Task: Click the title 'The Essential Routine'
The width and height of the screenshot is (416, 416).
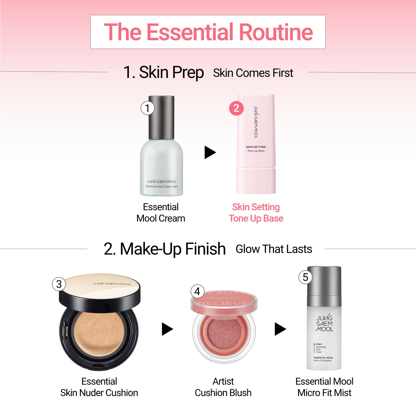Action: click(x=208, y=32)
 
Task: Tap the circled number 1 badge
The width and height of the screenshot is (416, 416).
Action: click(x=147, y=108)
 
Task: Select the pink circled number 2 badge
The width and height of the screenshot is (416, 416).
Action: click(x=236, y=108)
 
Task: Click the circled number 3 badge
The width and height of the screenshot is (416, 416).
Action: click(x=59, y=284)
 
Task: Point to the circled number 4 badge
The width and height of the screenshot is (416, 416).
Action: click(x=197, y=291)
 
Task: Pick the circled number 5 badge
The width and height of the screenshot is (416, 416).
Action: click(x=305, y=277)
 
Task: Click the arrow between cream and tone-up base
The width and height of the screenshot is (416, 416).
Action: click(x=210, y=152)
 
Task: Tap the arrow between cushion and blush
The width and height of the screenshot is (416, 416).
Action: click(x=167, y=329)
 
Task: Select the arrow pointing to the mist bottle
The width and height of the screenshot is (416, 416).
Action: click(x=280, y=329)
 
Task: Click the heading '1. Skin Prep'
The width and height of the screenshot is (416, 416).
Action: click(x=164, y=72)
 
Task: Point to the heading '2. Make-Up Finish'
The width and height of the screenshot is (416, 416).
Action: click(x=165, y=249)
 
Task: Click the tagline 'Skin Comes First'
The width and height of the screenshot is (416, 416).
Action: click(x=253, y=73)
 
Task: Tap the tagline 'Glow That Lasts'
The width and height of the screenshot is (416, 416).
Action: click(x=274, y=249)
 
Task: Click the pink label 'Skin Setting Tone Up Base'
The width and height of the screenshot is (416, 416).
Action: click(x=256, y=213)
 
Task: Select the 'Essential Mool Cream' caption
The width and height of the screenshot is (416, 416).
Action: click(x=161, y=213)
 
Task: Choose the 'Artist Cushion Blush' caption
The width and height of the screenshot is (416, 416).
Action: click(x=223, y=387)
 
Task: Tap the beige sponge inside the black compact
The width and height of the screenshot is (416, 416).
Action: click(x=99, y=332)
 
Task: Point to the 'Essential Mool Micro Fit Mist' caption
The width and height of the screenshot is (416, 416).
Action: click(x=324, y=387)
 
